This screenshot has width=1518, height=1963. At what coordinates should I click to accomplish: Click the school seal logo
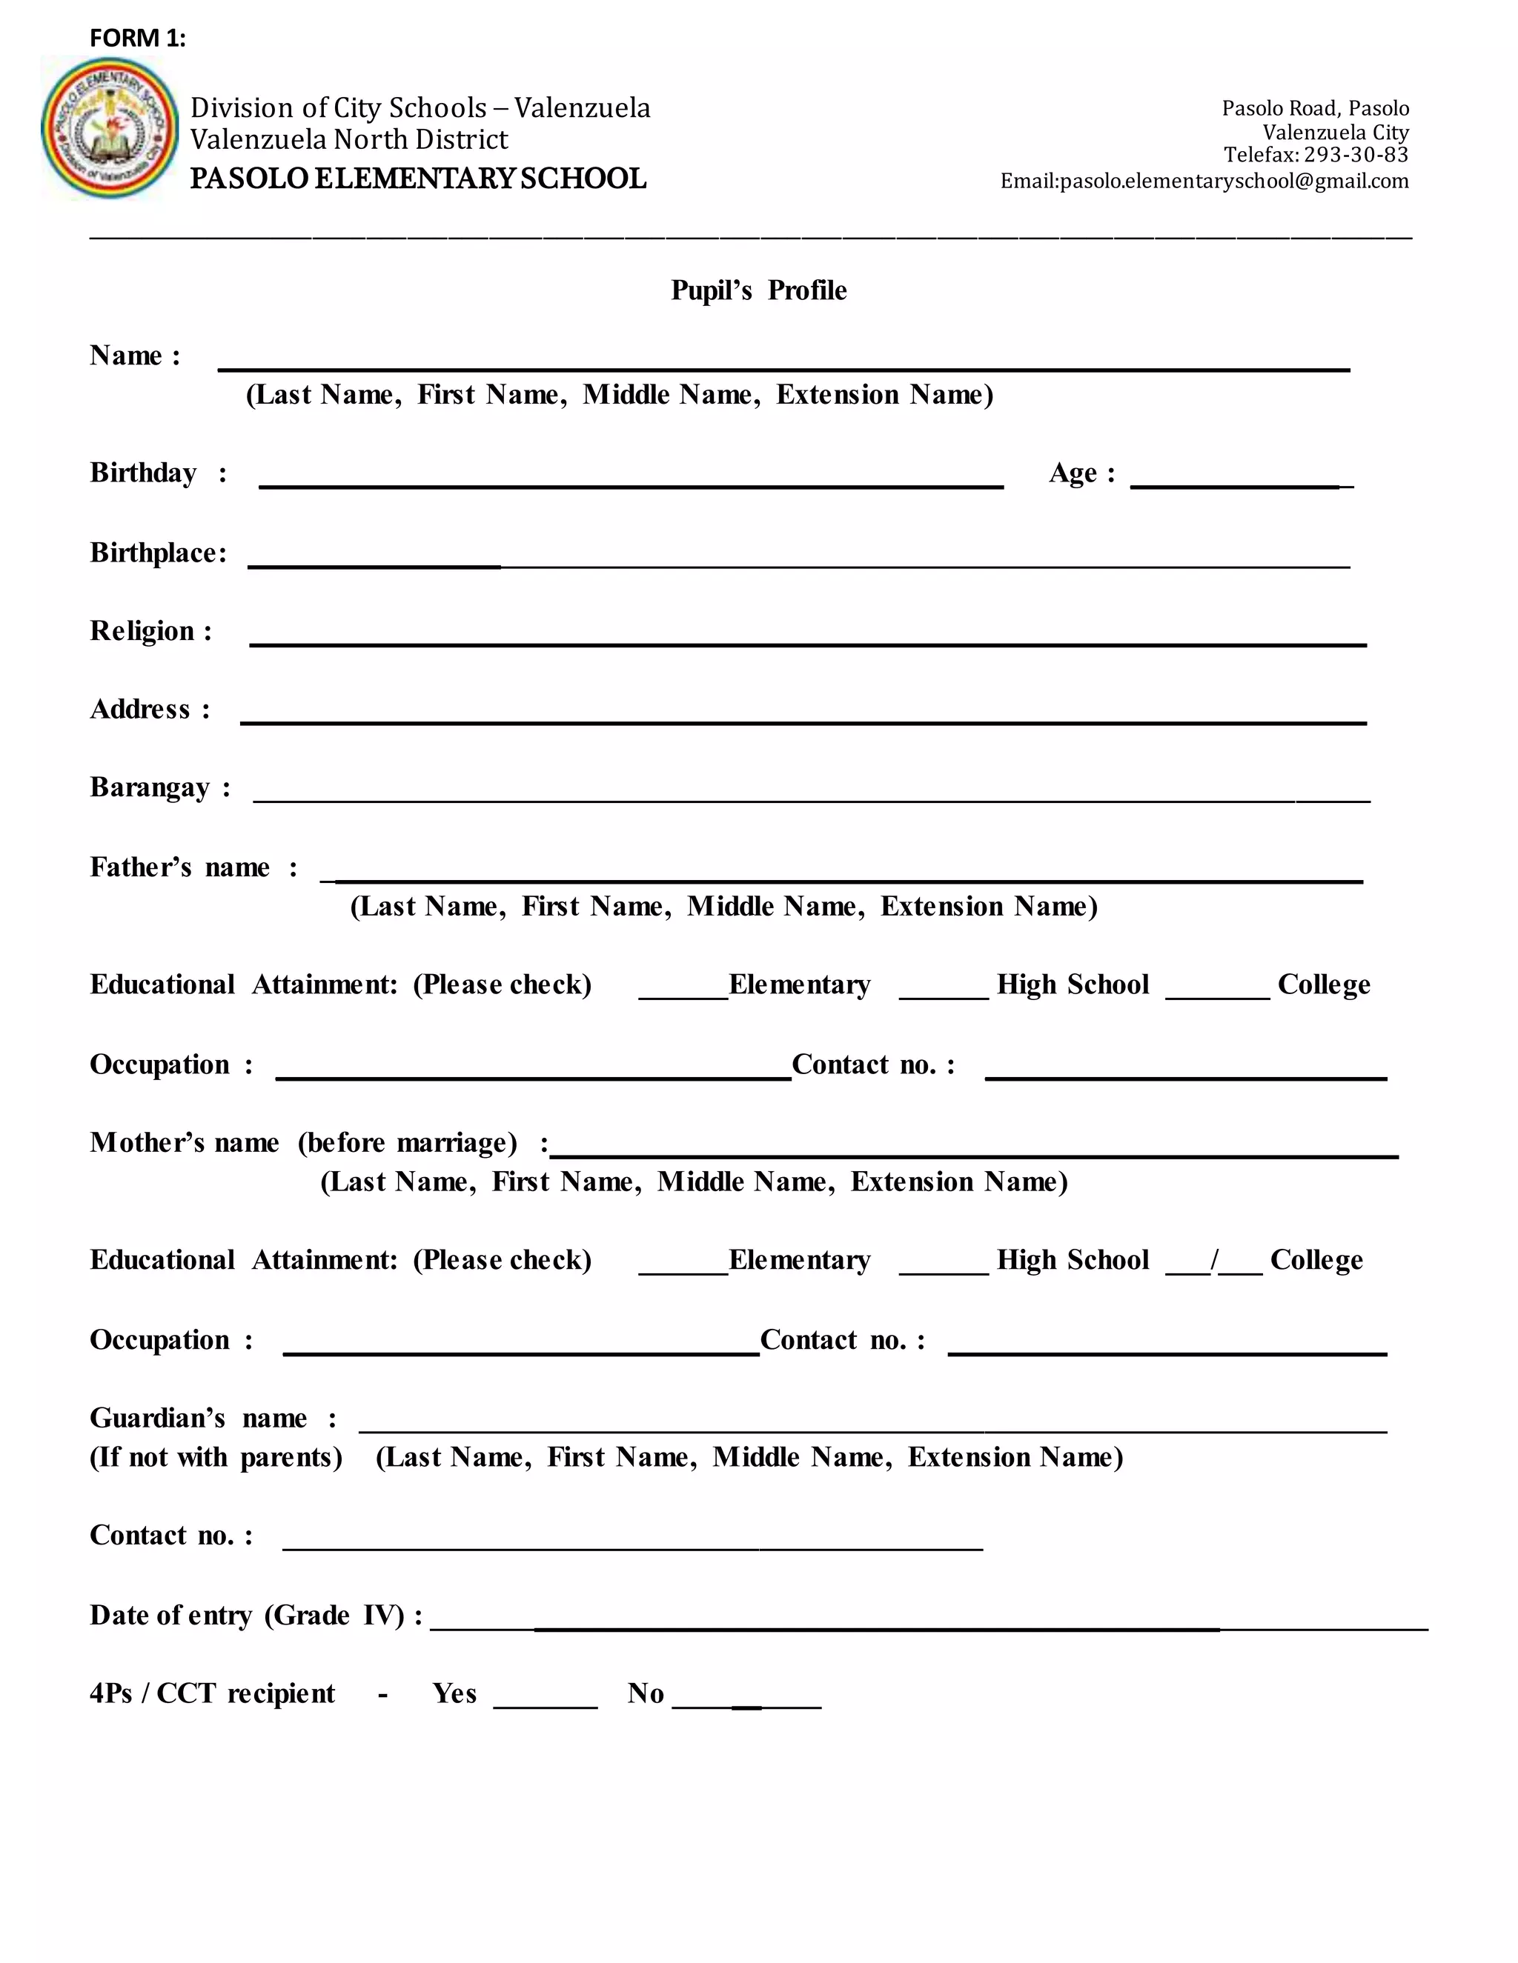click(110, 127)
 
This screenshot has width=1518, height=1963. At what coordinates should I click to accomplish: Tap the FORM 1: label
click(138, 38)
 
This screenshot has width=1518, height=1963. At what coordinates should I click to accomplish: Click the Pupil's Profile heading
click(758, 290)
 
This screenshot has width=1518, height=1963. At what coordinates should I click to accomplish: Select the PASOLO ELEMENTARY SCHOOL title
click(418, 178)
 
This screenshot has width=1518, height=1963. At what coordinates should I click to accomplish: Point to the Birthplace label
click(157, 552)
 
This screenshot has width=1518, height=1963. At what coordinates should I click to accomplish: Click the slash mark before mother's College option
click(1215, 1259)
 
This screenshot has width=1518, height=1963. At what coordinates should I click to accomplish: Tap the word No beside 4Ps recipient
click(645, 1693)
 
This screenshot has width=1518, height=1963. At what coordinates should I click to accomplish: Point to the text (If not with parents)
click(216, 1457)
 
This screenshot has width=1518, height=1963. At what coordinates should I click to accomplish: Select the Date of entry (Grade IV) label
click(256, 1615)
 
